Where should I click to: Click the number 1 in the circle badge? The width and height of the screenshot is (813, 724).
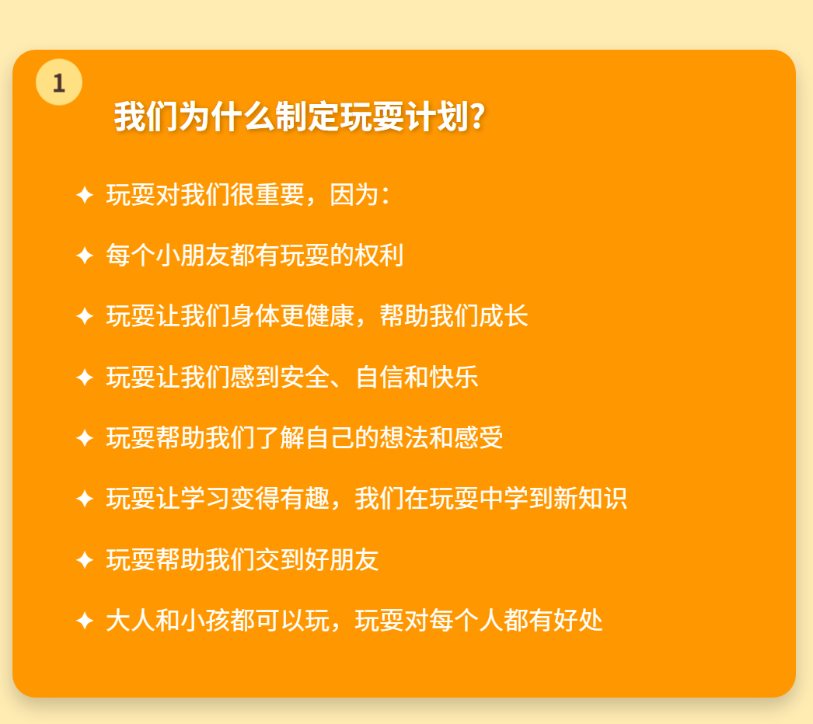pos(58,83)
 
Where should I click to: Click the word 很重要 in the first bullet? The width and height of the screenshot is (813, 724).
pos(267,195)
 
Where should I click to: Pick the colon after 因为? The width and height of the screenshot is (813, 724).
pos(386,196)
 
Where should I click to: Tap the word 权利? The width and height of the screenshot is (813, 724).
pos(379,256)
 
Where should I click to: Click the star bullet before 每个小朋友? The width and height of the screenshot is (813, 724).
pos(85,256)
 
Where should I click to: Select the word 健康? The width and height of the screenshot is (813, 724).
pos(330,316)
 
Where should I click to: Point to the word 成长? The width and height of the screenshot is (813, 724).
pos(503,316)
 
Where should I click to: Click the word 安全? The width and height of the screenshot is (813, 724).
pos(305,377)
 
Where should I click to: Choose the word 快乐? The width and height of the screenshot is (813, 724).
pos(454,377)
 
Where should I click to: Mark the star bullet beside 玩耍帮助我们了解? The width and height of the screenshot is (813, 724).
pos(85,438)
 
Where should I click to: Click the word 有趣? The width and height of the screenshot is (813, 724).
pos(305,499)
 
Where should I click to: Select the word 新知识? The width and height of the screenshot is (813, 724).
pos(590,499)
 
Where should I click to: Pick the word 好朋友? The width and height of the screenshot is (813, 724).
pos(342,560)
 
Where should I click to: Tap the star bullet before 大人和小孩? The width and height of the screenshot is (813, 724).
pos(85,621)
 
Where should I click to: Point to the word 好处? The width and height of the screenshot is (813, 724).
pos(577,621)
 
